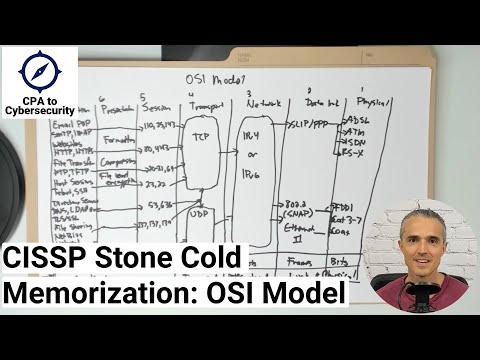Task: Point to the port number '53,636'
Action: tap(160, 205)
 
